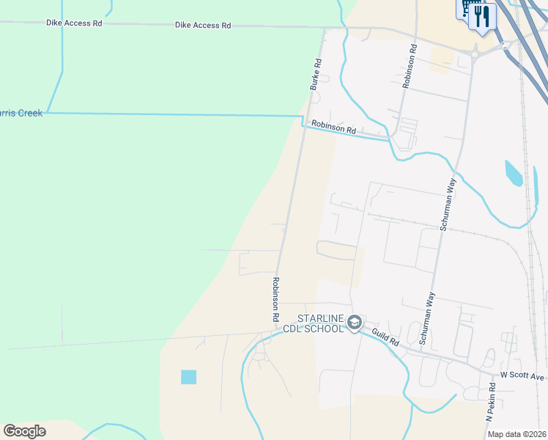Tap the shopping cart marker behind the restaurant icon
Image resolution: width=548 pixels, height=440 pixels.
466,9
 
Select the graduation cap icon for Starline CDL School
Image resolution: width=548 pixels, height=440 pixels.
355,323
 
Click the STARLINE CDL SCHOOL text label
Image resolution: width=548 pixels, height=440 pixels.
319,323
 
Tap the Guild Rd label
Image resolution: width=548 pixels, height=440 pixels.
385,337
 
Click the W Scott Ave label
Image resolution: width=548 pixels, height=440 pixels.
522,376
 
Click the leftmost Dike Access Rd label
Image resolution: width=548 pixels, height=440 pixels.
74,23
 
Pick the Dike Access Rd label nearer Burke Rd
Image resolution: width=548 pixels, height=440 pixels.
203,26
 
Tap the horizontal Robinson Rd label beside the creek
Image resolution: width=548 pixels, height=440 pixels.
333,128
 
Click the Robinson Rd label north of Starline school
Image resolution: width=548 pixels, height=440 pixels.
276,300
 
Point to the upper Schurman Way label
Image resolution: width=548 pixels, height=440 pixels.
448,204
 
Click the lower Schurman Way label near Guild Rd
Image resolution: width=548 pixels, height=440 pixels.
427,318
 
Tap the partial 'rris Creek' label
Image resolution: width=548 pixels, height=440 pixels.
22,114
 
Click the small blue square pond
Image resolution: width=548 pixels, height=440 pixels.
189,377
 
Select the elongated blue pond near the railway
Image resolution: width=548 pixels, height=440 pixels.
514,173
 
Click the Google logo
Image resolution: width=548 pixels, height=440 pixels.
25,431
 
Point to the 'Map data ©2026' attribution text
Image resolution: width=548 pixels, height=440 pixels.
516,434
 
